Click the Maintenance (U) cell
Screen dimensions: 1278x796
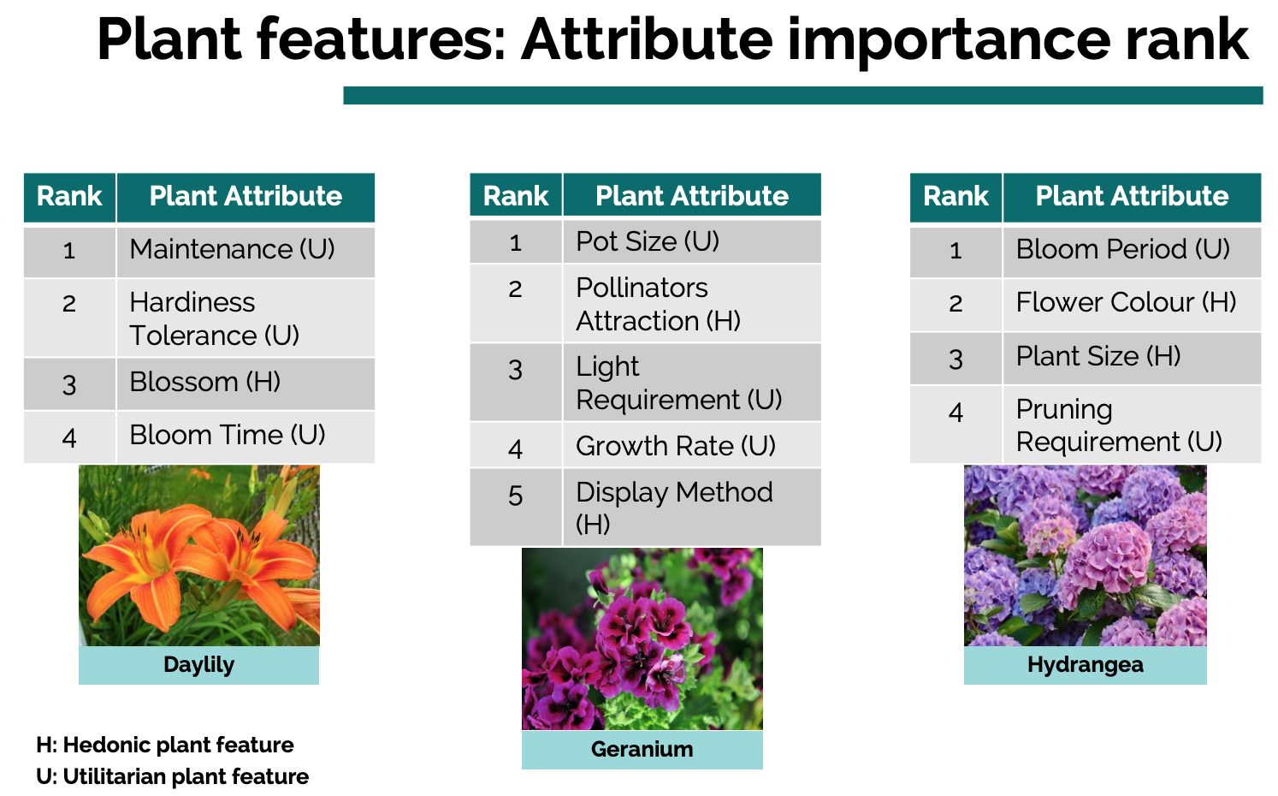point(246,252)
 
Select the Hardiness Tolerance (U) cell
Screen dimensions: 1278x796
point(246,318)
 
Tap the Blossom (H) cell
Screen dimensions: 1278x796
point(246,383)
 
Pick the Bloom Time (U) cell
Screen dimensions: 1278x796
point(246,437)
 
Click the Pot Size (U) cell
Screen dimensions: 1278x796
point(691,241)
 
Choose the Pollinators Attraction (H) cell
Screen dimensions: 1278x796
point(691,303)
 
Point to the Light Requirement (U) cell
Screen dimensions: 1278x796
point(691,382)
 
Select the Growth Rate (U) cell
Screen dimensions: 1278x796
point(691,445)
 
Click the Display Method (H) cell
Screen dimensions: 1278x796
point(691,507)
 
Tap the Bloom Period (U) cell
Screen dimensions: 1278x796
point(1132,252)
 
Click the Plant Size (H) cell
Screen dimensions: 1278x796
point(1132,358)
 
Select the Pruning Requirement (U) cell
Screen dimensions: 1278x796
point(1132,425)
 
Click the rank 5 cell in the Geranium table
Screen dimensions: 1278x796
point(516,507)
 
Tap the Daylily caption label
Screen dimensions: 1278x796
point(198,665)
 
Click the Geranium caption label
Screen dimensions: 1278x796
point(642,750)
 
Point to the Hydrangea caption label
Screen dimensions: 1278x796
point(1086,665)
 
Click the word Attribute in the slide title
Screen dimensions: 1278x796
point(647,40)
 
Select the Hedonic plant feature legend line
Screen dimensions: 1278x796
point(165,746)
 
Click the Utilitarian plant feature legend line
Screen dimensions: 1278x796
point(172,776)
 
